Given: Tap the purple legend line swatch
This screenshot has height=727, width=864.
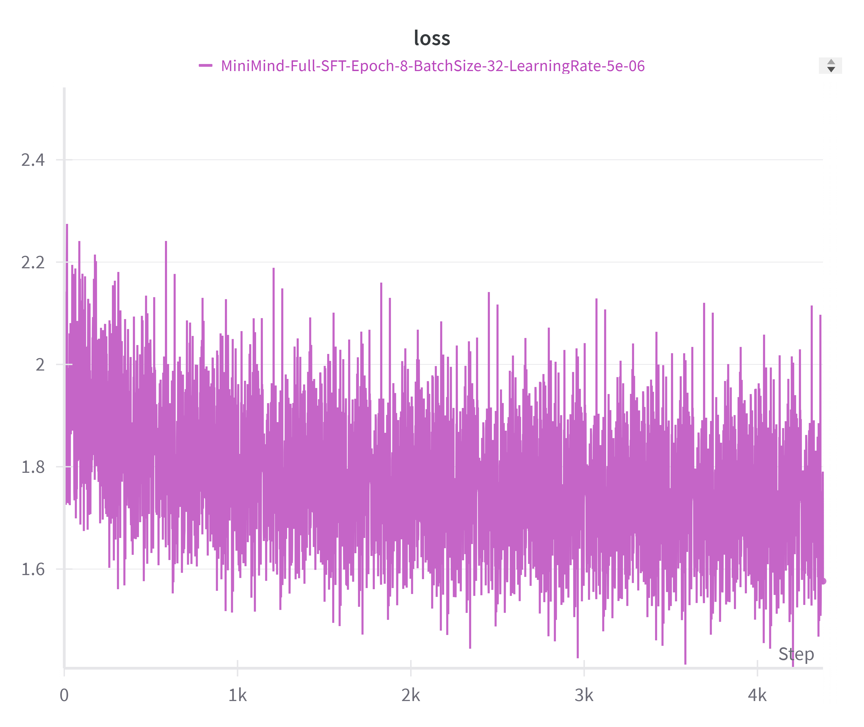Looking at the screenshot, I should click(x=205, y=66).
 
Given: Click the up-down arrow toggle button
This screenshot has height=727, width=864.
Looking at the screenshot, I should click(x=831, y=66).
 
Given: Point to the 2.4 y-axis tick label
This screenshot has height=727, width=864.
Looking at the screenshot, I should click(x=33, y=160).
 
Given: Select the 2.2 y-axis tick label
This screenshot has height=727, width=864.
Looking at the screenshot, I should click(x=33, y=263).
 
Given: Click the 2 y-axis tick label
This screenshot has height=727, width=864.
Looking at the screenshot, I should click(x=40, y=365).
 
